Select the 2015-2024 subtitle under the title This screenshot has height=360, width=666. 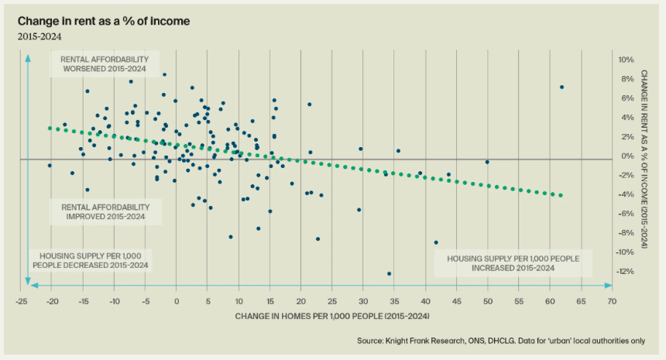pos(38,36)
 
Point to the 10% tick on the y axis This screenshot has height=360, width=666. pos(605,60)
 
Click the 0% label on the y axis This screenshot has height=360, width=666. pos(606,156)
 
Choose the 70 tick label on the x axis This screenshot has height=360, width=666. pos(611,300)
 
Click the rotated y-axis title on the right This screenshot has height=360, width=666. pos(644,159)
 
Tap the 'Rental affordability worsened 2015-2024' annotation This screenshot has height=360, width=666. pos(106,63)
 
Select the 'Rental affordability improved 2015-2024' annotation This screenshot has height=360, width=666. pos(106,212)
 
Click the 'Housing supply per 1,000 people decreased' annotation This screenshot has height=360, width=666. pos(90,260)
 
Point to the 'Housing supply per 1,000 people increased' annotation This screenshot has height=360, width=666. pos(513,262)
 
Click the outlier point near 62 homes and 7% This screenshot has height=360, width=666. pos(561,87)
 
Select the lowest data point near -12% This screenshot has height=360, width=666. pos(389,273)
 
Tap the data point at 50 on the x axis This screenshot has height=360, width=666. pos(487,162)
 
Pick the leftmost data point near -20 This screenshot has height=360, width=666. pos(50,165)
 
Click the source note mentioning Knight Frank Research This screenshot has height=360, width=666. pos(500,341)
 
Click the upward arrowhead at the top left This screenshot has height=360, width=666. pos(28,59)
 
